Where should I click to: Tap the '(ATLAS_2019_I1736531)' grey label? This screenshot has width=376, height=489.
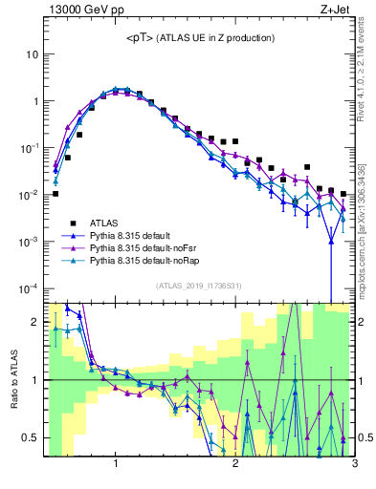point(199,286)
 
